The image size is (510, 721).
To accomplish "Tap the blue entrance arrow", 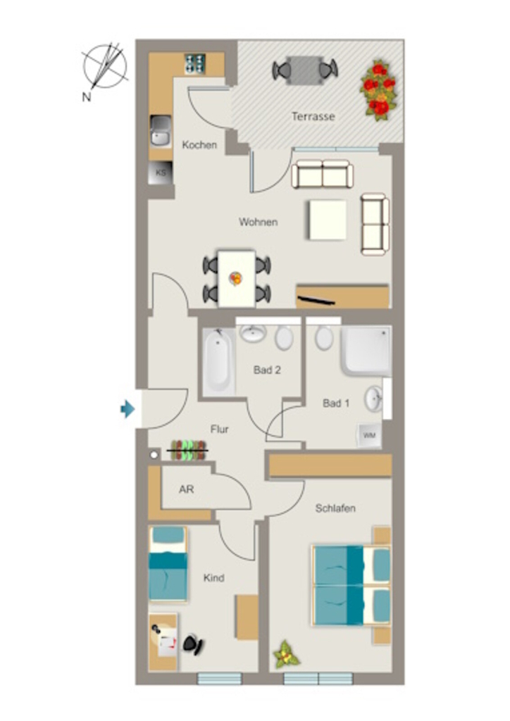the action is tap(127, 408).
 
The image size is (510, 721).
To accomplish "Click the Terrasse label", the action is tap(313, 116).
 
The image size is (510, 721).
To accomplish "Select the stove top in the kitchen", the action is tap(195, 64).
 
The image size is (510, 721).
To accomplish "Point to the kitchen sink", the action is tap(161, 132).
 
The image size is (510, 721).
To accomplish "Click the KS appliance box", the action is tap(161, 173).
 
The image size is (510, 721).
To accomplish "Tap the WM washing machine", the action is tap(370, 435).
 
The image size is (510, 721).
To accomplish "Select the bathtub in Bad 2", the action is tap(218, 360).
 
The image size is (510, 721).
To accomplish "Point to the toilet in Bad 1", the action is tap(324, 338).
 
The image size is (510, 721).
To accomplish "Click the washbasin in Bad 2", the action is tap(254, 333).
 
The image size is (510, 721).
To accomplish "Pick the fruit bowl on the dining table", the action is tap(236, 278).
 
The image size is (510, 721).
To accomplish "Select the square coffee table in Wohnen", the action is tap(328, 220).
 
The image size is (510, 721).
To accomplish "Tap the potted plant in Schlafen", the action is tap(286, 654).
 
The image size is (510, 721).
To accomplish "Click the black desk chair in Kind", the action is tap(194, 645).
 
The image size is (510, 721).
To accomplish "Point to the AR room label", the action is tap(186, 489).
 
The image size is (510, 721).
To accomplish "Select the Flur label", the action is tap(219, 429).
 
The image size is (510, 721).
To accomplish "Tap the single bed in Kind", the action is tap(168, 564).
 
